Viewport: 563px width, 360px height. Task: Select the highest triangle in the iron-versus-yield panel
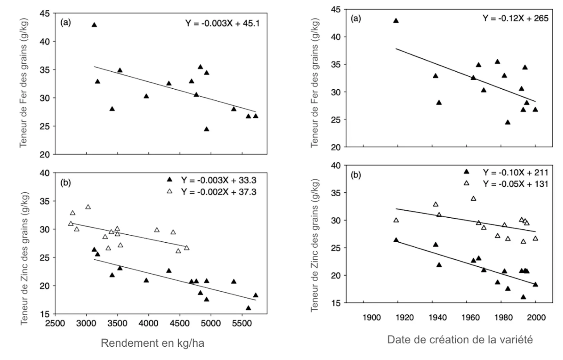94,25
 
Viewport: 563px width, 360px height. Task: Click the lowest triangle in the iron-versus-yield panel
206,129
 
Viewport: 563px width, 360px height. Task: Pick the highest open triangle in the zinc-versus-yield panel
88,207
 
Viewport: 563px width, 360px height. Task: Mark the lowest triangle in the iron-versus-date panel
507,122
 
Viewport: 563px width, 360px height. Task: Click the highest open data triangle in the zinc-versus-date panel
473,198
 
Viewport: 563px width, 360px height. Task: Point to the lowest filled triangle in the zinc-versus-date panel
523,297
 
